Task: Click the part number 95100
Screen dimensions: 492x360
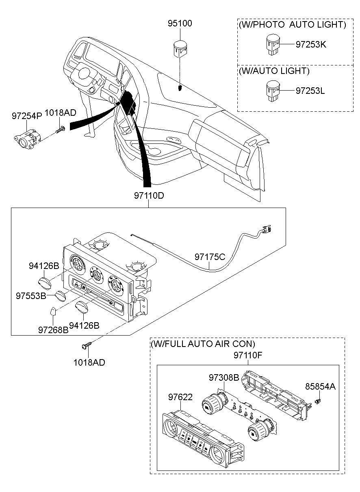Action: pyautogui.click(x=180, y=24)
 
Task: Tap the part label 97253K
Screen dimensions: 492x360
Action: pyautogui.click(x=310, y=45)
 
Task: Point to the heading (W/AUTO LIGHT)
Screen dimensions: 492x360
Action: pyautogui.click(x=274, y=71)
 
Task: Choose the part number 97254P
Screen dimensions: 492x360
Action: pyautogui.click(x=26, y=116)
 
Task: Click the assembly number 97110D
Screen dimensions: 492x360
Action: pyautogui.click(x=149, y=195)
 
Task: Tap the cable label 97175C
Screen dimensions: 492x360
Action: pyautogui.click(x=210, y=257)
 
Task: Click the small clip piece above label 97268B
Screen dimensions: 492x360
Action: pyautogui.click(x=52, y=312)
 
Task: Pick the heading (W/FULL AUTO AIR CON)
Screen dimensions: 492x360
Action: pyautogui.click(x=203, y=344)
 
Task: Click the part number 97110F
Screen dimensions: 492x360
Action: pyautogui.click(x=248, y=355)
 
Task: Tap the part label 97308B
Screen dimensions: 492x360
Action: pyautogui.click(x=224, y=377)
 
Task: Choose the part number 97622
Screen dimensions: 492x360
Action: pyautogui.click(x=180, y=397)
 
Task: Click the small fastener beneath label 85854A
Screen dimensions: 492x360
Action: pyautogui.click(x=319, y=402)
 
